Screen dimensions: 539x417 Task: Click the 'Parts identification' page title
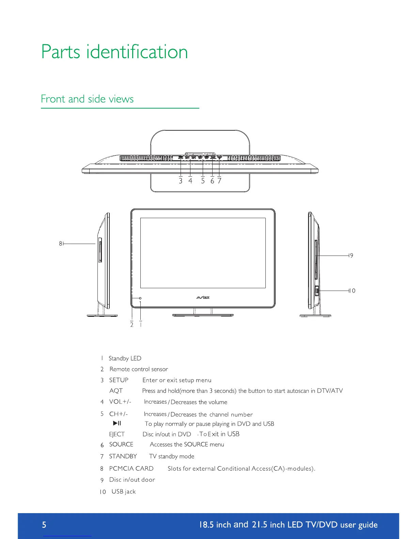tap(114, 52)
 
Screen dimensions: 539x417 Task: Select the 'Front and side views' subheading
tap(87, 99)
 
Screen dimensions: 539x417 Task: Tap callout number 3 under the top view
tap(181, 181)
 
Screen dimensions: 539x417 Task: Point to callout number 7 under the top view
tap(219, 181)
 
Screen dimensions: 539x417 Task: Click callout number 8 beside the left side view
tap(61, 244)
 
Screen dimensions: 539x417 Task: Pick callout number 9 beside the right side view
tap(352, 256)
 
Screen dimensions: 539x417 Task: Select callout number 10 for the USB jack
tap(353, 291)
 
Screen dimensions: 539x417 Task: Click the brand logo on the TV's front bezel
tap(203, 298)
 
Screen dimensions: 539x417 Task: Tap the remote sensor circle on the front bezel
tap(140, 298)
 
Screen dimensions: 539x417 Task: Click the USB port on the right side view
tap(317, 291)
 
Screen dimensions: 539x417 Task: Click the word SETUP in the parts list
tap(119, 380)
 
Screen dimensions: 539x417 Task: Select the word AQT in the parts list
tap(116, 391)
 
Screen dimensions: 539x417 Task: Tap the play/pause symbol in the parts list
tap(117, 423)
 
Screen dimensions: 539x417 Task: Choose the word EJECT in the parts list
tap(117, 434)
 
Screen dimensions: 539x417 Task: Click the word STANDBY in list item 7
tap(123, 456)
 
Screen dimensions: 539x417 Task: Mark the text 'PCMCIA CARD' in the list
tap(131, 469)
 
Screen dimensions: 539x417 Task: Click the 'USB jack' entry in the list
tap(123, 491)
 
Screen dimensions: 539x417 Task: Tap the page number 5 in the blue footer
tap(44, 525)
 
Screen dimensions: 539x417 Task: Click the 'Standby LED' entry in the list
tap(125, 358)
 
